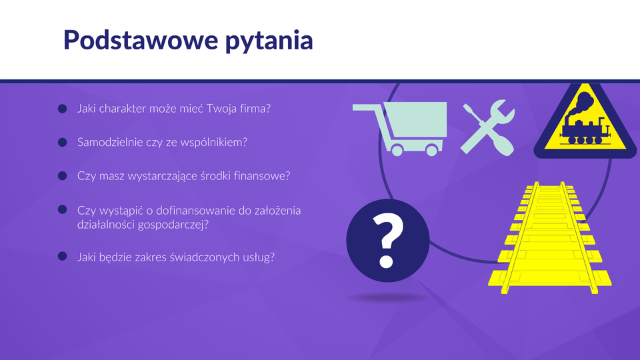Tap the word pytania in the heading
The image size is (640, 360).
(269, 41)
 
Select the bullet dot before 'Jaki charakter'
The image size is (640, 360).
(63, 109)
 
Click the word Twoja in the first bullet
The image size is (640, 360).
(221, 109)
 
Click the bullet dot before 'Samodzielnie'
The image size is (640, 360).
(63, 142)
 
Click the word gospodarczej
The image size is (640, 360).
(173, 225)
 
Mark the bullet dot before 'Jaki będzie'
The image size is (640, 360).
(63, 256)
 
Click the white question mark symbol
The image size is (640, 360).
(387, 241)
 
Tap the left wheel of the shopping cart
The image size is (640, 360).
(397, 150)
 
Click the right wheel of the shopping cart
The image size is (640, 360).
(431, 150)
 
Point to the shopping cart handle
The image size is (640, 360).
(367, 107)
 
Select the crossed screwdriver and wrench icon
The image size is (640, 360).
(488, 128)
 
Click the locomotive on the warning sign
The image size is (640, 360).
(585, 129)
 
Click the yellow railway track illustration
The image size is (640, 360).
(550, 238)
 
